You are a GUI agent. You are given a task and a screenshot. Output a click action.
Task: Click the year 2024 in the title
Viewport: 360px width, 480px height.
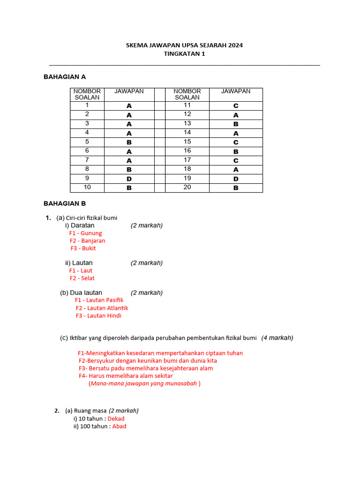click(236, 45)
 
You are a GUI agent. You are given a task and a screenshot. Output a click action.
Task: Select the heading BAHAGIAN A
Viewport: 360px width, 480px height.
click(65, 76)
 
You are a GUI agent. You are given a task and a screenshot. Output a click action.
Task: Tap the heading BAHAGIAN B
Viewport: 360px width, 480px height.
click(65, 203)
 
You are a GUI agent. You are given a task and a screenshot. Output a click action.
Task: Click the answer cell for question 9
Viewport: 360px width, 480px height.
click(129, 179)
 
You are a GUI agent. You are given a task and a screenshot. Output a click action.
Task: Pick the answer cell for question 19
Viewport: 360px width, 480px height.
click(236, 179)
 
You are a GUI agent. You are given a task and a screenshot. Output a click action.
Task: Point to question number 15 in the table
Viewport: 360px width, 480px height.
click(187, 142)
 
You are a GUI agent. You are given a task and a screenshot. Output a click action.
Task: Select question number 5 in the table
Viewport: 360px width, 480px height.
click(87, 142)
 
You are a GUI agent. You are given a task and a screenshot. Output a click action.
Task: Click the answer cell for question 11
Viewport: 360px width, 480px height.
click(236, 106)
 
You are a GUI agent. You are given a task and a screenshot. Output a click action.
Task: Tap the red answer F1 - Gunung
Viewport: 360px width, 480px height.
click(85, 233)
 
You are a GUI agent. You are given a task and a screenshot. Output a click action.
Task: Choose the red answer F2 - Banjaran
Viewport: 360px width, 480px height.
click(88, 240)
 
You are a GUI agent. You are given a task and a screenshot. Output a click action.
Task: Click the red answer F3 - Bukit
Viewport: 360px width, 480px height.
click(83, 248)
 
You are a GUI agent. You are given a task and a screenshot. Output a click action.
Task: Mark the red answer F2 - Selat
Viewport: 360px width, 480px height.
click(82, 278)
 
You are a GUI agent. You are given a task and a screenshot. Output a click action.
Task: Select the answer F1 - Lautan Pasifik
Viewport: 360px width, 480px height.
click(99, 300)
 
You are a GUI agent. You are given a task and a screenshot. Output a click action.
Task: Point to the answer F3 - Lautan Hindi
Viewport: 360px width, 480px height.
click(98, 315)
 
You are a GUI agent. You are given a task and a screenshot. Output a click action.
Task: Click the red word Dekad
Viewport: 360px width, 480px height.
click(116, 419)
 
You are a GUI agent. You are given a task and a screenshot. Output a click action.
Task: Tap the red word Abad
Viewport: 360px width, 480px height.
click(120, 426)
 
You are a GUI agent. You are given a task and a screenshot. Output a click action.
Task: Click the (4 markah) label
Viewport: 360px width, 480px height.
click(277, 337)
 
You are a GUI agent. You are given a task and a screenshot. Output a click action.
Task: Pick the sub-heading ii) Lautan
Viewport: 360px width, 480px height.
click(79, 262)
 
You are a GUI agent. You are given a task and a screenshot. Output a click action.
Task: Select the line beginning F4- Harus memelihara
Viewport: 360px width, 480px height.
click(126, 375)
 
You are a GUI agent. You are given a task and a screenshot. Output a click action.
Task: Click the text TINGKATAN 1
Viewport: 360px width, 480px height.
click(184, 53)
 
